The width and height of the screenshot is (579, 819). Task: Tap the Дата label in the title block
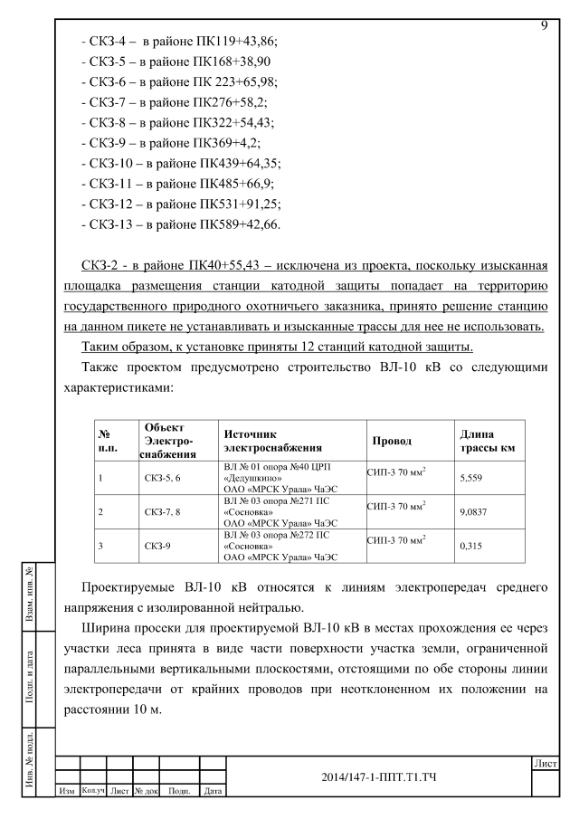click(214, 791)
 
